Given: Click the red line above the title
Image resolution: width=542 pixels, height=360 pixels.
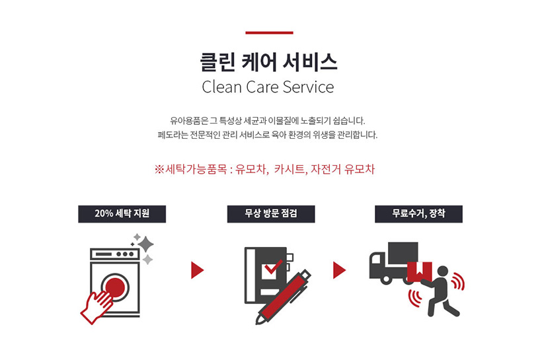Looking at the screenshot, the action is point(269,33).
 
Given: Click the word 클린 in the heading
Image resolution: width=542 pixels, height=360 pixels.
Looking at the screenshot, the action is point(217,62).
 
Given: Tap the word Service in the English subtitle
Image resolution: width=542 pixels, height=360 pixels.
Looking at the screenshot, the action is point(308,87).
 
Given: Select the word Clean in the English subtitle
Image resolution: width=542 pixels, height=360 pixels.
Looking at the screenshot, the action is point(221,87).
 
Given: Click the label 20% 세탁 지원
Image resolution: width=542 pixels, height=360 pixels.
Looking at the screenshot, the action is point(122,214).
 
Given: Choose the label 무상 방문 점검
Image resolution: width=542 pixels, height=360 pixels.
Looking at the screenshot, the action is point(271,214).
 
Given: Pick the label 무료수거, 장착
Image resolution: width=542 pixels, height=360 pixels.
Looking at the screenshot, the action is point(418,214).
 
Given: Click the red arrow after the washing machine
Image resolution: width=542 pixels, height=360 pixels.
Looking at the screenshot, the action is point(198,270).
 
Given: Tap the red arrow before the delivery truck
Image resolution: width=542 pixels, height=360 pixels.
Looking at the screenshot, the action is point(340,270).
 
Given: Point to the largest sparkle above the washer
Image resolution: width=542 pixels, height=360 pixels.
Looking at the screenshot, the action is point(146,244).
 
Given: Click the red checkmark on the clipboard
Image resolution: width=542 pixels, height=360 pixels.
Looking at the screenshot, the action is point(273,266).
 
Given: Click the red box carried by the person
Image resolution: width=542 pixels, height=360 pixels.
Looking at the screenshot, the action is point(420,271).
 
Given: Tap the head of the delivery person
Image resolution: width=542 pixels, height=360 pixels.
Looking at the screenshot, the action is point(442,271).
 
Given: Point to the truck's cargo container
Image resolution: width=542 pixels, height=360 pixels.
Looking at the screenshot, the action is point(403,254).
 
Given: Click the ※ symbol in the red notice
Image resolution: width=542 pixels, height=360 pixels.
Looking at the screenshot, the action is point(159,169).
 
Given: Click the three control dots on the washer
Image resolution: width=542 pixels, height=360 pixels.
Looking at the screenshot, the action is point(125,254).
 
